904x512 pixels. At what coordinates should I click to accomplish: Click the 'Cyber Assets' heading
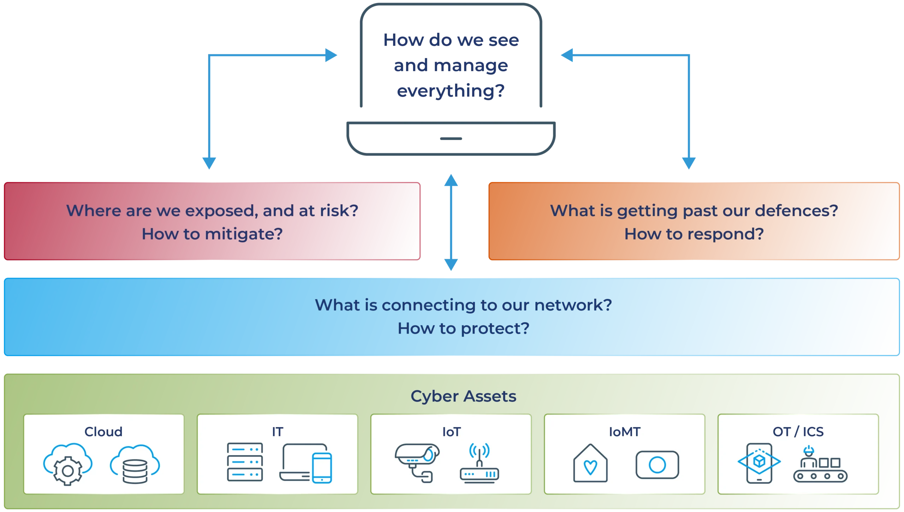point(463,396)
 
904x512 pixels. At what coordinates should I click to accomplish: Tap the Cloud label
point(103,431)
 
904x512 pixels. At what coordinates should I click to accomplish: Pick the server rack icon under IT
point(245,462)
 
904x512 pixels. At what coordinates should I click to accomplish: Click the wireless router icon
point(479,463)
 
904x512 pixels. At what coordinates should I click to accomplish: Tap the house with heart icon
point(590,463)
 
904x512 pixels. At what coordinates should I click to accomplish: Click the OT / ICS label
point(798,431)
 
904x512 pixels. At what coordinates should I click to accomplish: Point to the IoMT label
point(624,431)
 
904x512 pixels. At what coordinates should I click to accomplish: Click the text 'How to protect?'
point(463,329)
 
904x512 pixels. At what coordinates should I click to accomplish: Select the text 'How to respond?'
point(694,234)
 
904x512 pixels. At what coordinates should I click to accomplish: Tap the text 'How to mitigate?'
point(212,234)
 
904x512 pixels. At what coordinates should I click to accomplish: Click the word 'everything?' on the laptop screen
point(451,91)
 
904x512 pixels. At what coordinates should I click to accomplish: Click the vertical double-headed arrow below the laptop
point(451,222)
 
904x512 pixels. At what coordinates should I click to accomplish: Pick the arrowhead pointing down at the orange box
point(689,163)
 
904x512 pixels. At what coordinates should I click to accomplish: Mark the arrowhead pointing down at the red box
point(209,163)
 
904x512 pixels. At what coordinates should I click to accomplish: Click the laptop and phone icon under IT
point(306,463)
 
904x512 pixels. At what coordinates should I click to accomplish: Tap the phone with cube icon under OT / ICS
point(759,463)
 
